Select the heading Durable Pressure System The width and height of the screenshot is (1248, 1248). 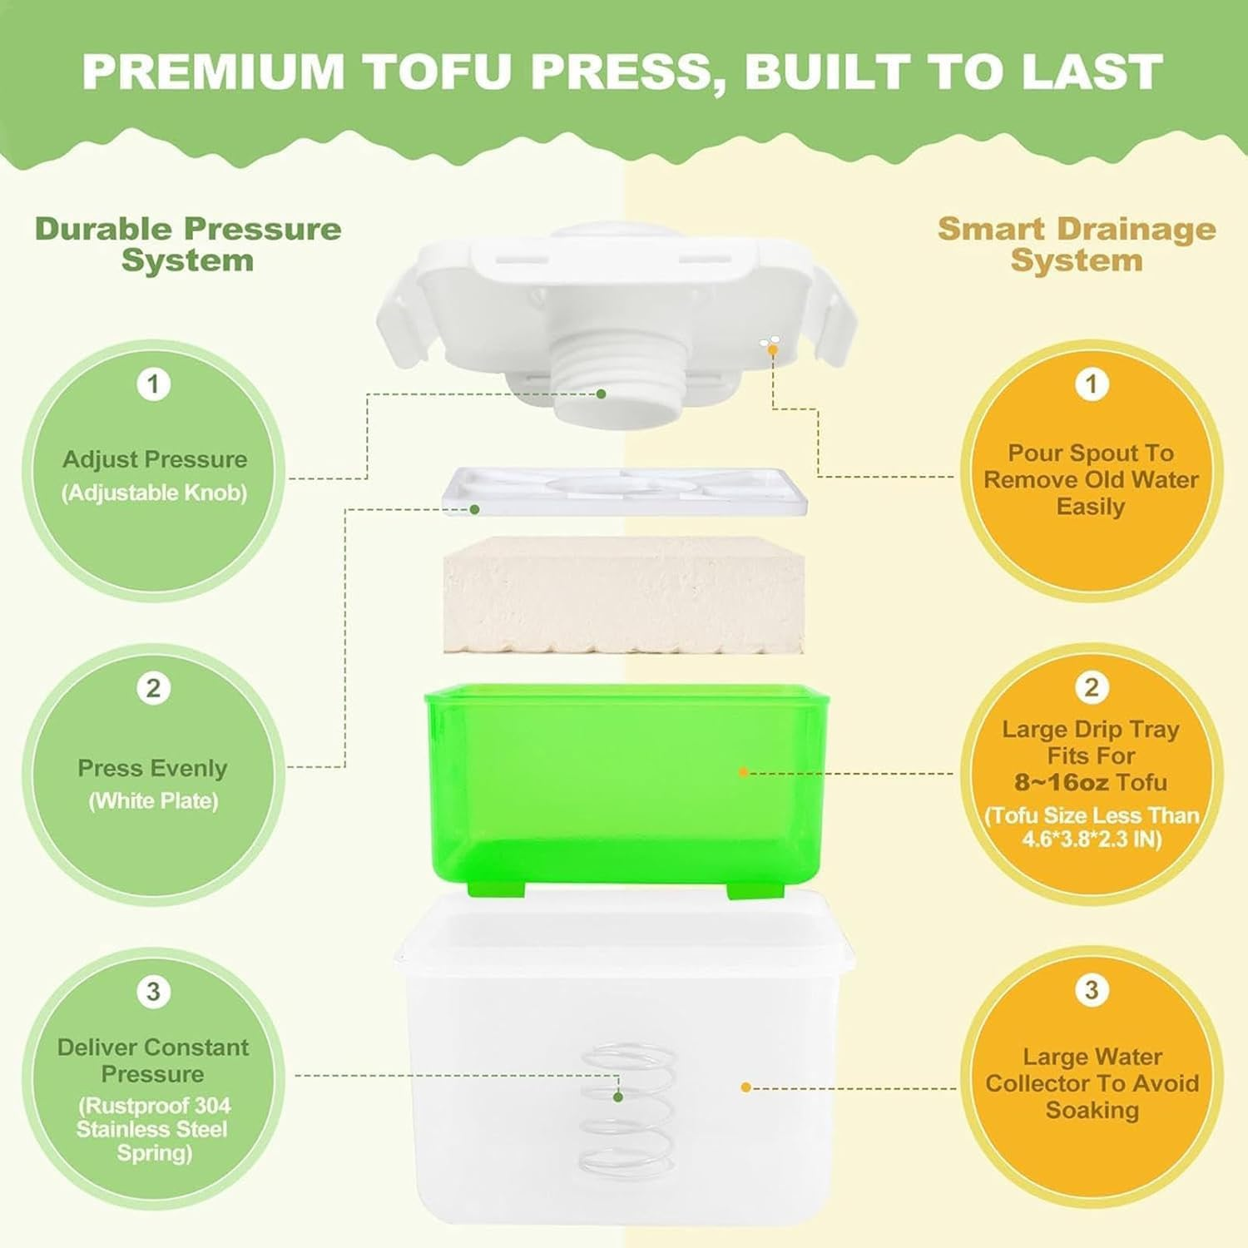pos(188,245)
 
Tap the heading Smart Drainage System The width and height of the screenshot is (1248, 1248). pos(1077,245)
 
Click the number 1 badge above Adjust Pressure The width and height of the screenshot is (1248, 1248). pos(153,384)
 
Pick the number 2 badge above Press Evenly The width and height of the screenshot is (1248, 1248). pos(153,689)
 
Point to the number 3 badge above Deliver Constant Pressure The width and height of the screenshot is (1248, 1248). pos(153,992)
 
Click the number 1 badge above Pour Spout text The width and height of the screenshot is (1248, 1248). pos(1092,384)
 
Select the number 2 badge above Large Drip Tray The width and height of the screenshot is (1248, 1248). pos(1092,687)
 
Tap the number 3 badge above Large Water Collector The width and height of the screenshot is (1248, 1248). pos(1092,990)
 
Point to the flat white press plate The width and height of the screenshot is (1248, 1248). pos(624,491)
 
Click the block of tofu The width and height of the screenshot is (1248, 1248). pos(624,595)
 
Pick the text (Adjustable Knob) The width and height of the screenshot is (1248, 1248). pos(154,493)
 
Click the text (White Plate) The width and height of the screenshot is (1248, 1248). pos(153,801)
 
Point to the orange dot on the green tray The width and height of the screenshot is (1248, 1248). pos(744,773)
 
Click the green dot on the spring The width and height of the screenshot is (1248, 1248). pos(618,1097)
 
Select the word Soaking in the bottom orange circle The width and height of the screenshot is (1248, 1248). pos(1092,1111)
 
